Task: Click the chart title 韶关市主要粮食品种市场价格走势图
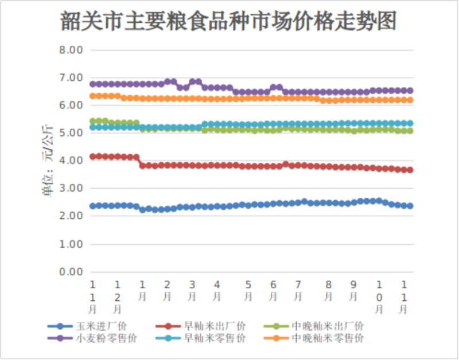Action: [x=229, y=22]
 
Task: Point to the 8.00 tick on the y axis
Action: [x=71, y=50]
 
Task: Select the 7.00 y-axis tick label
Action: [x=71, y=78]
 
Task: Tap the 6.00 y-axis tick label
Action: [x=71, y=105]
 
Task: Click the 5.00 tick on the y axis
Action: [x=71, y=133]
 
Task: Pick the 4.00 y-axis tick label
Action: [x=71, y=161]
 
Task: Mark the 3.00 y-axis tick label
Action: [x=71, y=189]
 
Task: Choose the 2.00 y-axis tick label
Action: [x=71, y=216]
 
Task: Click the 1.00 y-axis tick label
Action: [x=71, y=244]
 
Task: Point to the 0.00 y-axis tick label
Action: [x=71, y=272]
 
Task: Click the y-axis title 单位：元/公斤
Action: [x=48, y=161]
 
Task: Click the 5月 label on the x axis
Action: [x=248, y=291]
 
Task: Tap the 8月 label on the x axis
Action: [x=328, y=291]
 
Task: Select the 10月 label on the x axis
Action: [x=379, y=296]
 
